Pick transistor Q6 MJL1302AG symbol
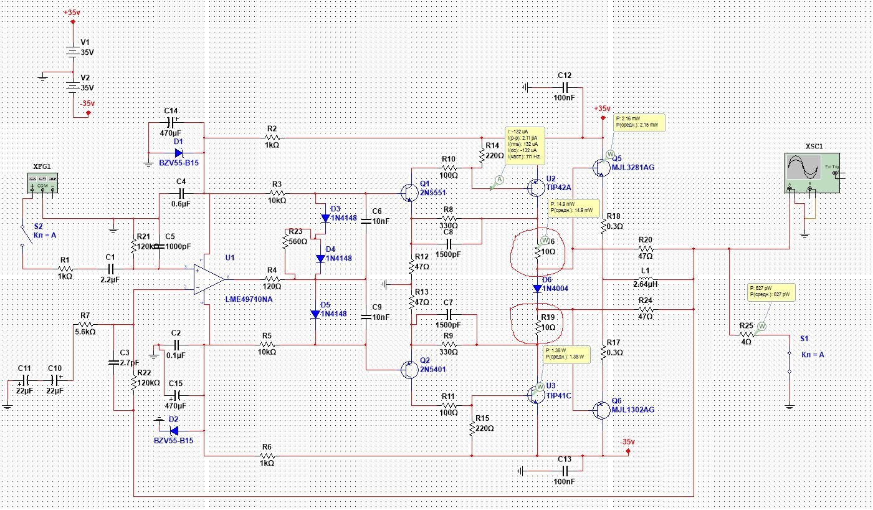pyautogui.click(x=599, y=410)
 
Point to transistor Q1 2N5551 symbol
pyautogui.click(x=409, y=193)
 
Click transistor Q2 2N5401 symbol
pyautogui.click(x=409, y=369)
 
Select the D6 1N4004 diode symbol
pyautogui.click(x=538, y=288)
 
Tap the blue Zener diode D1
pyautogui.click(x=178, y=152)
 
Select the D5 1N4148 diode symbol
pyautogui.click(x=316, y=314)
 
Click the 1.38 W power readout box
pyautogui.click(x=566, y=354)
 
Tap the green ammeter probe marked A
pyautogui.click(x=499, y=179)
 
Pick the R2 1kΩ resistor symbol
pyautogui.click(x=272, y=138)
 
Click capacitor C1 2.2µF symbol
pyautogui.click(x=110, y=269)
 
